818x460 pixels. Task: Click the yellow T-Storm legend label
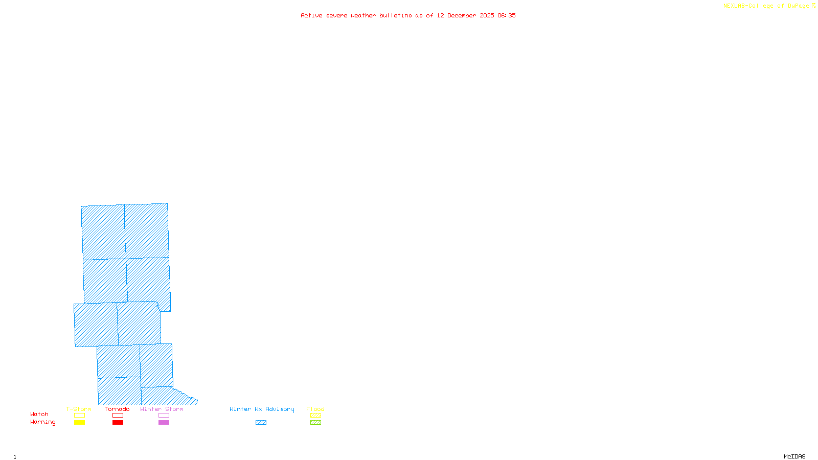(79, 409)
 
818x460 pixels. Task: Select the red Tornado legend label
(117, 409)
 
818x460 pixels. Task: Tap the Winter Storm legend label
(162, 409)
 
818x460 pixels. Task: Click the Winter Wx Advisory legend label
(262, 409)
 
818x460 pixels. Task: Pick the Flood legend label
(315, 409)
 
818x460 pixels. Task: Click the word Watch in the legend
(39, 415)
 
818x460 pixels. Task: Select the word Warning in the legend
(43, 422)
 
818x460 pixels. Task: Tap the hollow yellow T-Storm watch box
(79, 416)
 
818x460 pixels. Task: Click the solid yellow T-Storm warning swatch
(79, 423)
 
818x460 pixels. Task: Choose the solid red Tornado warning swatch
(118, 423)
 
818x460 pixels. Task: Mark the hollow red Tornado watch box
(118, 416)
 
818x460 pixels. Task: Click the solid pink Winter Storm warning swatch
(164, 423)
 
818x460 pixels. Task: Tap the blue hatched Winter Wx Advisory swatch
(261, 423)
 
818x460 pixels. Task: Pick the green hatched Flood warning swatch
(315, 423)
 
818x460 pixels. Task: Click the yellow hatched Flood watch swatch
(315, 416)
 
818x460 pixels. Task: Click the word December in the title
(462, 15)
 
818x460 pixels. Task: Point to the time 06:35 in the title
(507, 15)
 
